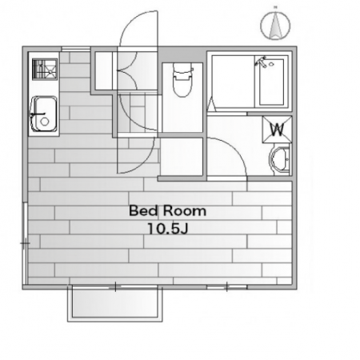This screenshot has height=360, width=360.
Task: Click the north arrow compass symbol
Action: tap(275, 26)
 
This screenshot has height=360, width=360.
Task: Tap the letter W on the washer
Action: tap(277, 130)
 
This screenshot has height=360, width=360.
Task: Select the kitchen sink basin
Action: tap(44, 114)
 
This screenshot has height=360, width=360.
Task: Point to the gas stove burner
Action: tap(45, 70)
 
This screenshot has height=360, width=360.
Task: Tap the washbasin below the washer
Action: tap(280, 161)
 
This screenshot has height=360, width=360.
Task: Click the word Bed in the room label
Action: tap(143, 210)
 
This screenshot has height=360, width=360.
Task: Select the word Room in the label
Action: tap(185, 211)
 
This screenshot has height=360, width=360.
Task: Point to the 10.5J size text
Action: tap(168, 229)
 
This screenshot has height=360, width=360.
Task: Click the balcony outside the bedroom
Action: tap(114, 303)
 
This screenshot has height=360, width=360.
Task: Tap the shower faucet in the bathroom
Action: tap(262, 62)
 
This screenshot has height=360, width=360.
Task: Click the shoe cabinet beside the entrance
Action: tap(104, 70)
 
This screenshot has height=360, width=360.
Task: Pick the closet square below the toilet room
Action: tap(182, 156)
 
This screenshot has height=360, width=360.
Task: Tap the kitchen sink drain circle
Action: tap(45, 122)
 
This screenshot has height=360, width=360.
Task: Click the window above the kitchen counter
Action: tap(76, 49)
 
